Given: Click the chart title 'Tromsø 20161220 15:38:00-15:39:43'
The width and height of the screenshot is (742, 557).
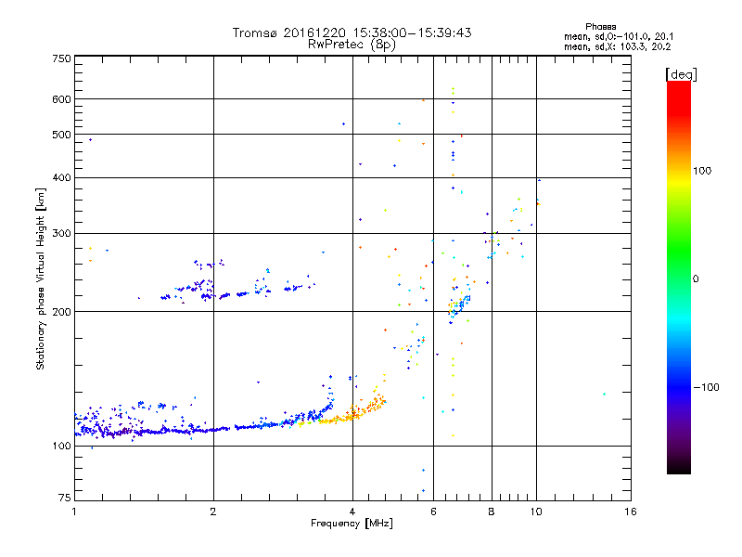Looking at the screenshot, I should tap(352, 32).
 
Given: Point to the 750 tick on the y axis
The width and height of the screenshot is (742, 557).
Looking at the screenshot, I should tap(62, 58).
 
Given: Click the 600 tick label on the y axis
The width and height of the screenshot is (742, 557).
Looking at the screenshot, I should tap(62, 99).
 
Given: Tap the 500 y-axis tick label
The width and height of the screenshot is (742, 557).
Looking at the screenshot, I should tap(62, 135).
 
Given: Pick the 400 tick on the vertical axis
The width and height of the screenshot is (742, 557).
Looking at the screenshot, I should tap(62, 177).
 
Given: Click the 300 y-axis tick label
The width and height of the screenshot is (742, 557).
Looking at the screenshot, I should tap(62, 233).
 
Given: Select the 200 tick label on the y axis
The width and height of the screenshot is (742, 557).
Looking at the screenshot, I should tap(62, 311).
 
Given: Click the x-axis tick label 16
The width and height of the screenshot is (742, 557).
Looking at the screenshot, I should tap(630, 512).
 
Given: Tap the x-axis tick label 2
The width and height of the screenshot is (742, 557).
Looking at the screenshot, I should tap(213, 512).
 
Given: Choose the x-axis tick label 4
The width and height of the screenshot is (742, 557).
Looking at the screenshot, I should tap(352, 512).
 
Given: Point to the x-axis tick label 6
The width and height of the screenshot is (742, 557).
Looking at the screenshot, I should tap(433, 512).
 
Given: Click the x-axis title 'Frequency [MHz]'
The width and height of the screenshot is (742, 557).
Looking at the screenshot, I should tap(352, 523).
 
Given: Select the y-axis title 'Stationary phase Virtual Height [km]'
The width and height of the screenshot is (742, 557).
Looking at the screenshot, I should tap(41, 278).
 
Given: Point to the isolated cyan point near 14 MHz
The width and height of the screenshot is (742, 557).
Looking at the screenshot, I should tap(604, 395).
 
